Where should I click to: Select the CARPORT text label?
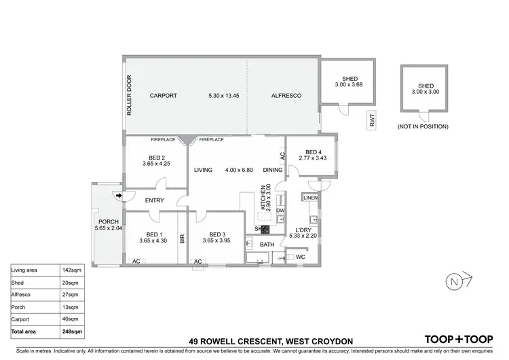coord(163,96)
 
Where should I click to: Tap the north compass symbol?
coord(453,281)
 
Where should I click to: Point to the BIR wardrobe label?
coord(182,238)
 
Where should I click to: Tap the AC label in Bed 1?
coord(136,261)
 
